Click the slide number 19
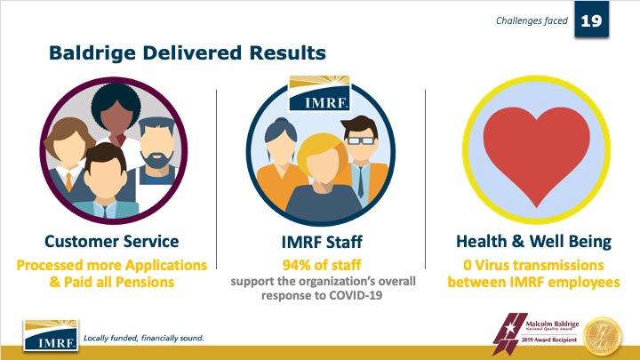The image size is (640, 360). click(x=591, y=20)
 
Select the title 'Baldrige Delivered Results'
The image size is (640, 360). click(x=188, y=53)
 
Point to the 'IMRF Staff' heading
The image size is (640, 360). click(x=320, y=241)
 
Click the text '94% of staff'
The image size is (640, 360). click(x=320, y=264)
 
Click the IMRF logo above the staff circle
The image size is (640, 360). click(x=320, y=92)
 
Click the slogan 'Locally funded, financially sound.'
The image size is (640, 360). click(x=143, y=339)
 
